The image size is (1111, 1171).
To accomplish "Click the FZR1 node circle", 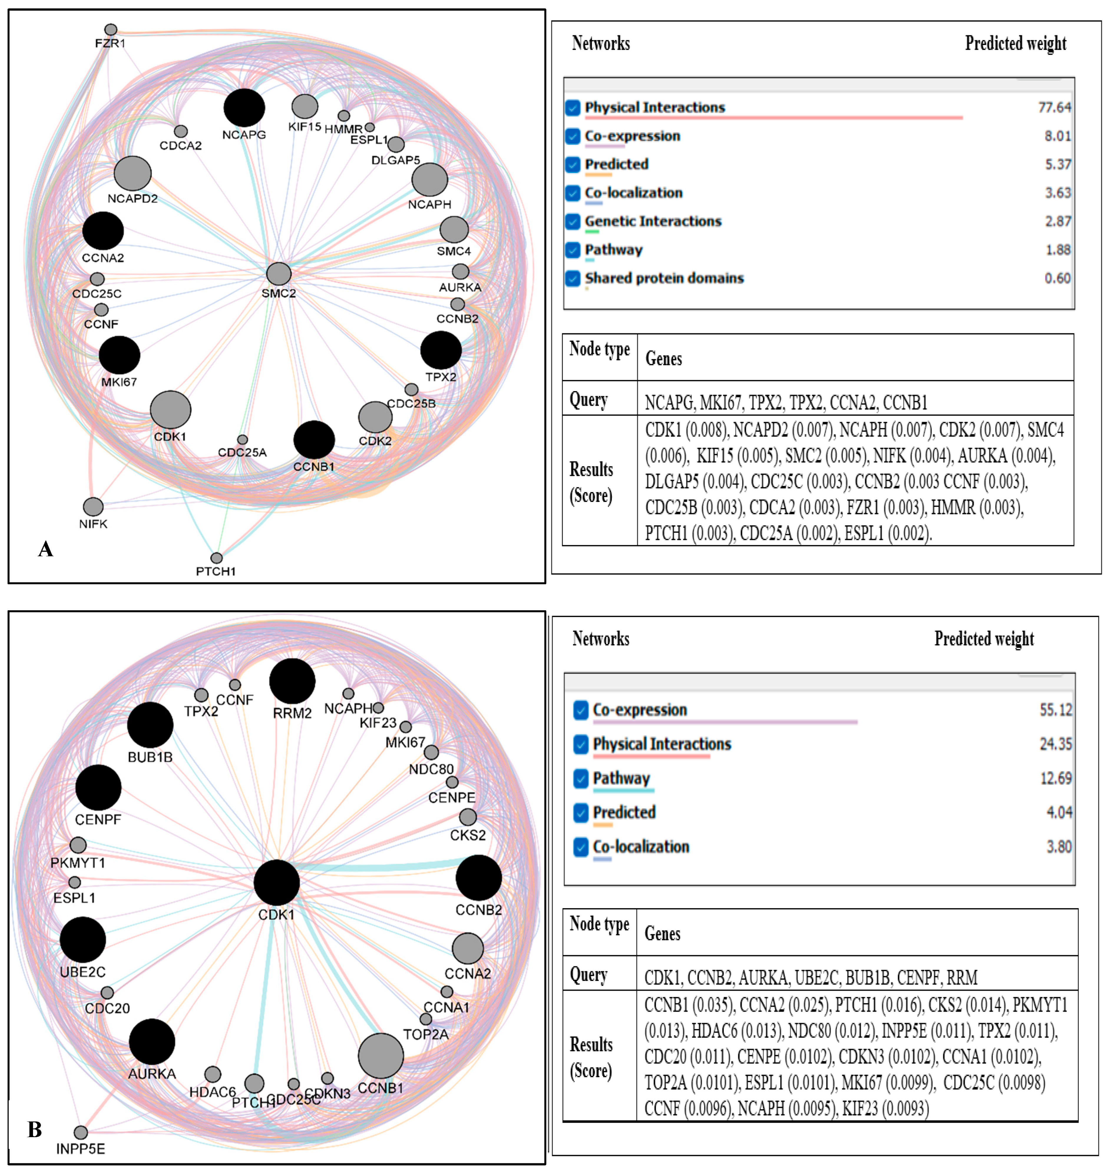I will (111, 30).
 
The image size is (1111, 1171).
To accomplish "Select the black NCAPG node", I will (244, 108).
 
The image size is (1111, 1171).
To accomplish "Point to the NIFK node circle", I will (93, 507).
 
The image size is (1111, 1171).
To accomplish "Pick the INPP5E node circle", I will (80, 1132).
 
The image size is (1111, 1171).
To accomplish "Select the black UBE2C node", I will (83, 940).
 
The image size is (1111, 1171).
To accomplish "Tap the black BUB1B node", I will (151, 725).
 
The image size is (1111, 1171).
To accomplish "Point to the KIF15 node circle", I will (305, 106).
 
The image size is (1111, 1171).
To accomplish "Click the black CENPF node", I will (98, 788).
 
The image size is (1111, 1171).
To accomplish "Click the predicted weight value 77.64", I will (1054, 107).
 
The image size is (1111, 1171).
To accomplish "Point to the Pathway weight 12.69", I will (1055, 778).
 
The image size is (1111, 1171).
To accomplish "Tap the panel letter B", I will (35, 1129).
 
